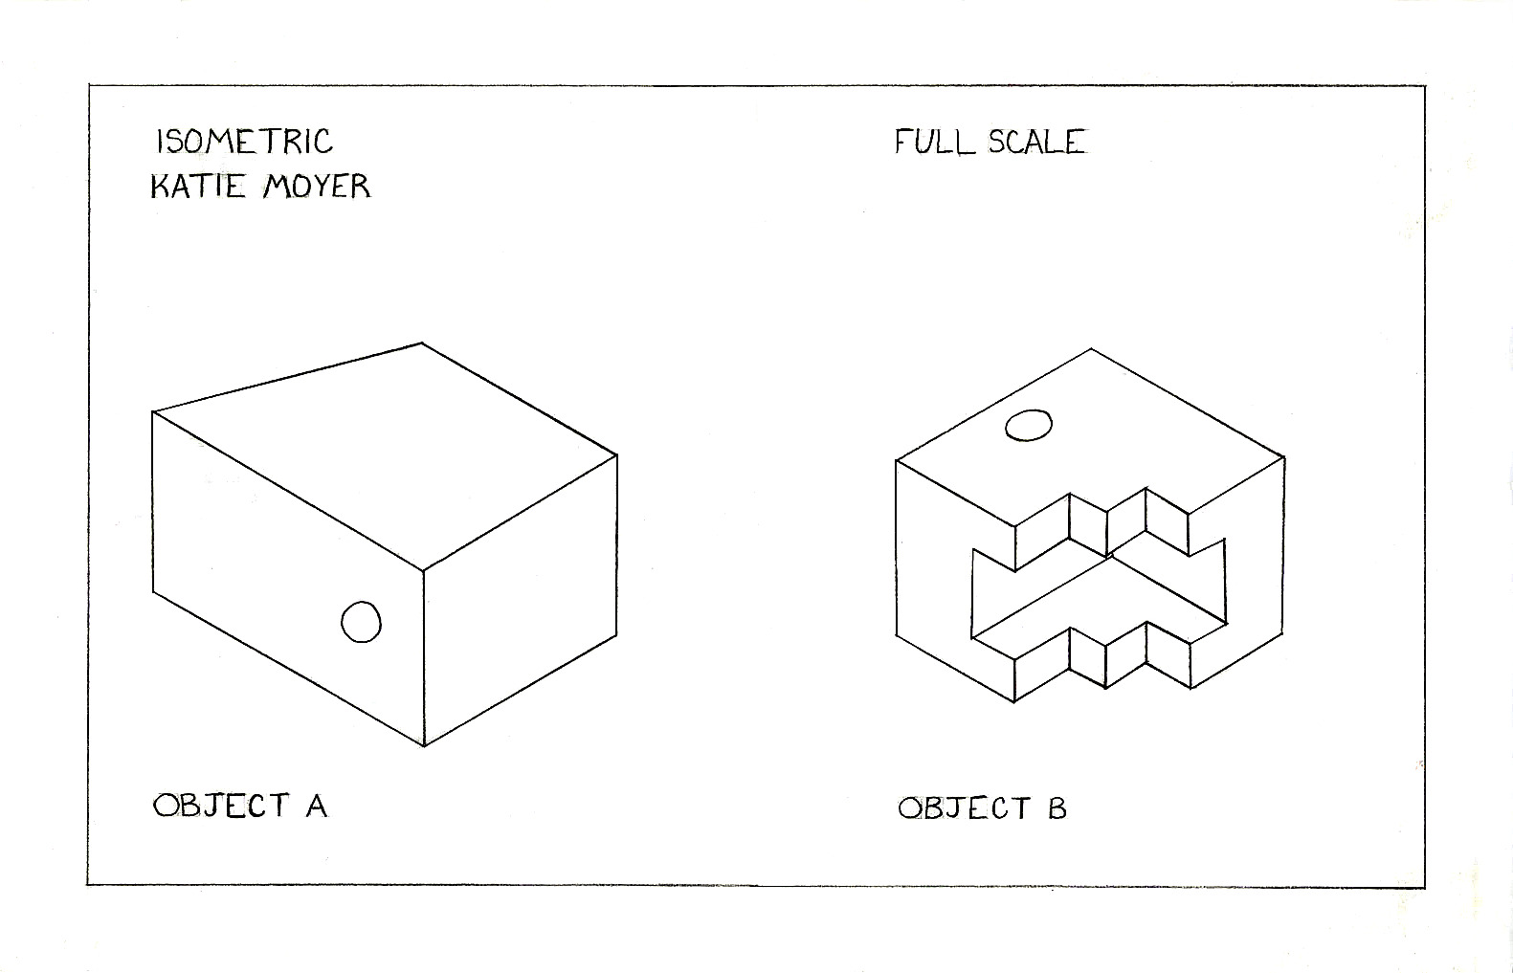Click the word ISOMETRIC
[x=244, y=142]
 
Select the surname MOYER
[x=316, y=185]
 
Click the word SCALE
[x=1037, y=142]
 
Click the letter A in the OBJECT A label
[x=317, y=807]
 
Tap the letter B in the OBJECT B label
[x=1057, y=809]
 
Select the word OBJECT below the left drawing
[x=220, y=806]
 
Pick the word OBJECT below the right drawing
[x=964, y=809]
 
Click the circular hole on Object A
[x=361, y=622]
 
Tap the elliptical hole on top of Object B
[x=1029, y=425]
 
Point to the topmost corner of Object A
[x=422, y=343]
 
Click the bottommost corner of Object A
[x=424, y=745]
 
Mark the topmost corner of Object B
[x=1091, y=349]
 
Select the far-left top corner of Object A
[x=153, y=412]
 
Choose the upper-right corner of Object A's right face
[x=617, y=455]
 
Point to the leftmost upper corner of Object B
[x=897, y=461]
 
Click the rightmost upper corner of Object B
[x=1283, y=458]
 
